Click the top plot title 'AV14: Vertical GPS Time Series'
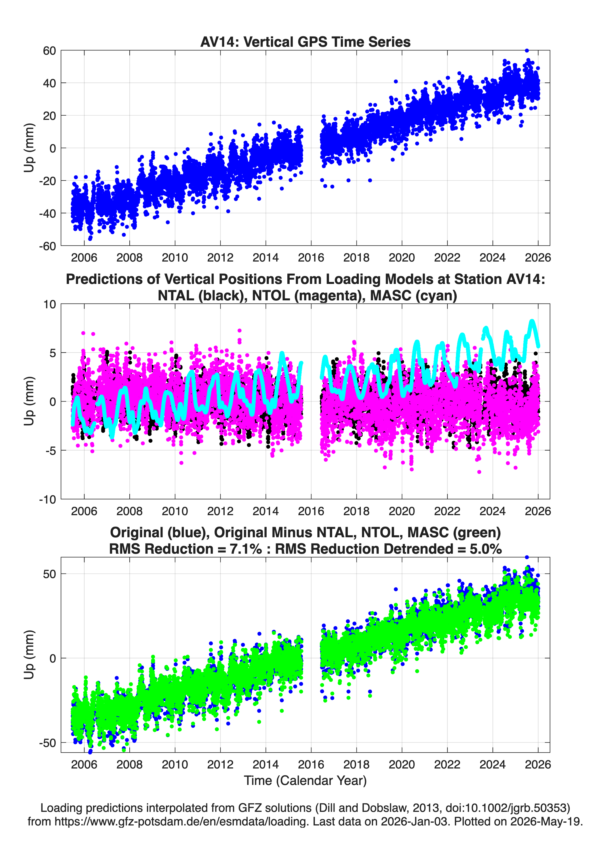(x=305, y=42)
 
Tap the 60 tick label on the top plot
(x=49, y=51)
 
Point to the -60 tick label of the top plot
(x=47, y=246)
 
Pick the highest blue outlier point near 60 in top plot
(x=527, y=50)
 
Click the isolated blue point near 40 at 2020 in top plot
(x=396, y=81)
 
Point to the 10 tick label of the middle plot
(x=50, y=304)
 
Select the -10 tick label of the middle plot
(x=47, y=500)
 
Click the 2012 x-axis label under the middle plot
(x=220, y=511)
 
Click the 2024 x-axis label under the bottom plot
(x=492, y=764)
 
